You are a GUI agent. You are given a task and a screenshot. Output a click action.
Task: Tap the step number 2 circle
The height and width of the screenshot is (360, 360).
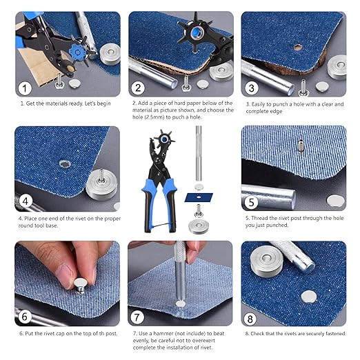139,88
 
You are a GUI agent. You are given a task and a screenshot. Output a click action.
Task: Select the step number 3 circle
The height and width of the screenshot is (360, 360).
251,88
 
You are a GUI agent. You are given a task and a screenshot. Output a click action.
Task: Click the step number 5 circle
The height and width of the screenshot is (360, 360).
251,201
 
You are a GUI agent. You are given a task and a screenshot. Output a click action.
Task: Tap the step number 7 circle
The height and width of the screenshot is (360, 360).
139,316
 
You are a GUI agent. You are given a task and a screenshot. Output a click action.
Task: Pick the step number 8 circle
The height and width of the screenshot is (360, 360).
251,316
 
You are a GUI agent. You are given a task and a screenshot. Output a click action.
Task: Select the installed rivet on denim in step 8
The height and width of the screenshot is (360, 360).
308,296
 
